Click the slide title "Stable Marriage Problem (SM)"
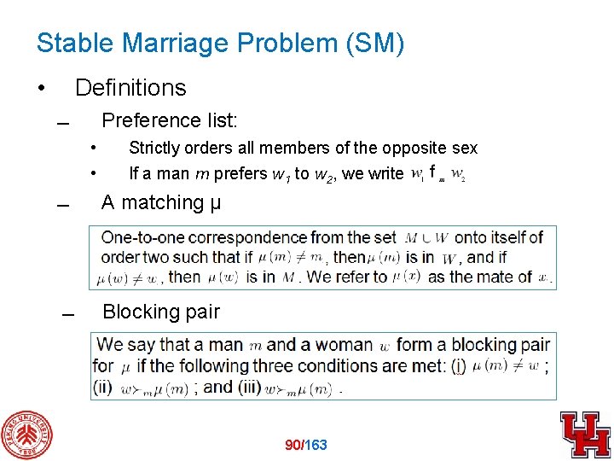220,44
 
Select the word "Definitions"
130,88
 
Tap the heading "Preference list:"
169,119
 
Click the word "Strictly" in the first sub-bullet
151,149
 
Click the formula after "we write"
437,174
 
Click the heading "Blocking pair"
160,312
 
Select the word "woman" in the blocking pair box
344,345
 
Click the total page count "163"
316,445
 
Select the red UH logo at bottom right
585,434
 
